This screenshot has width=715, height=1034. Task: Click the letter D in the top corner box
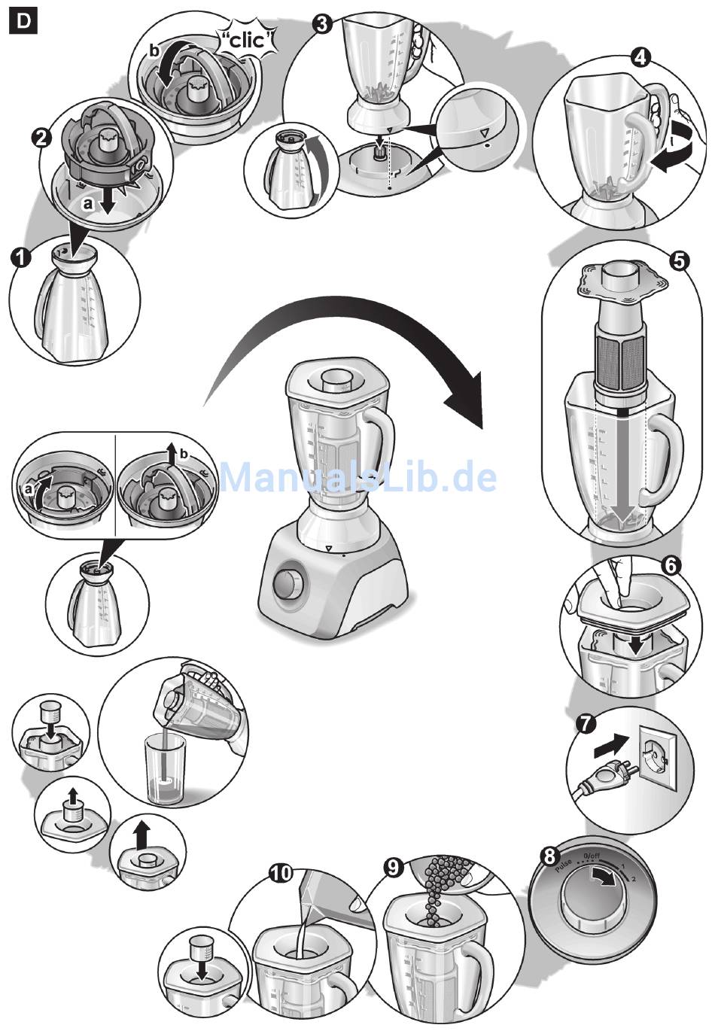coord(23,21)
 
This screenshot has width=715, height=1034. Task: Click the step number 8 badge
coord(549,856)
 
